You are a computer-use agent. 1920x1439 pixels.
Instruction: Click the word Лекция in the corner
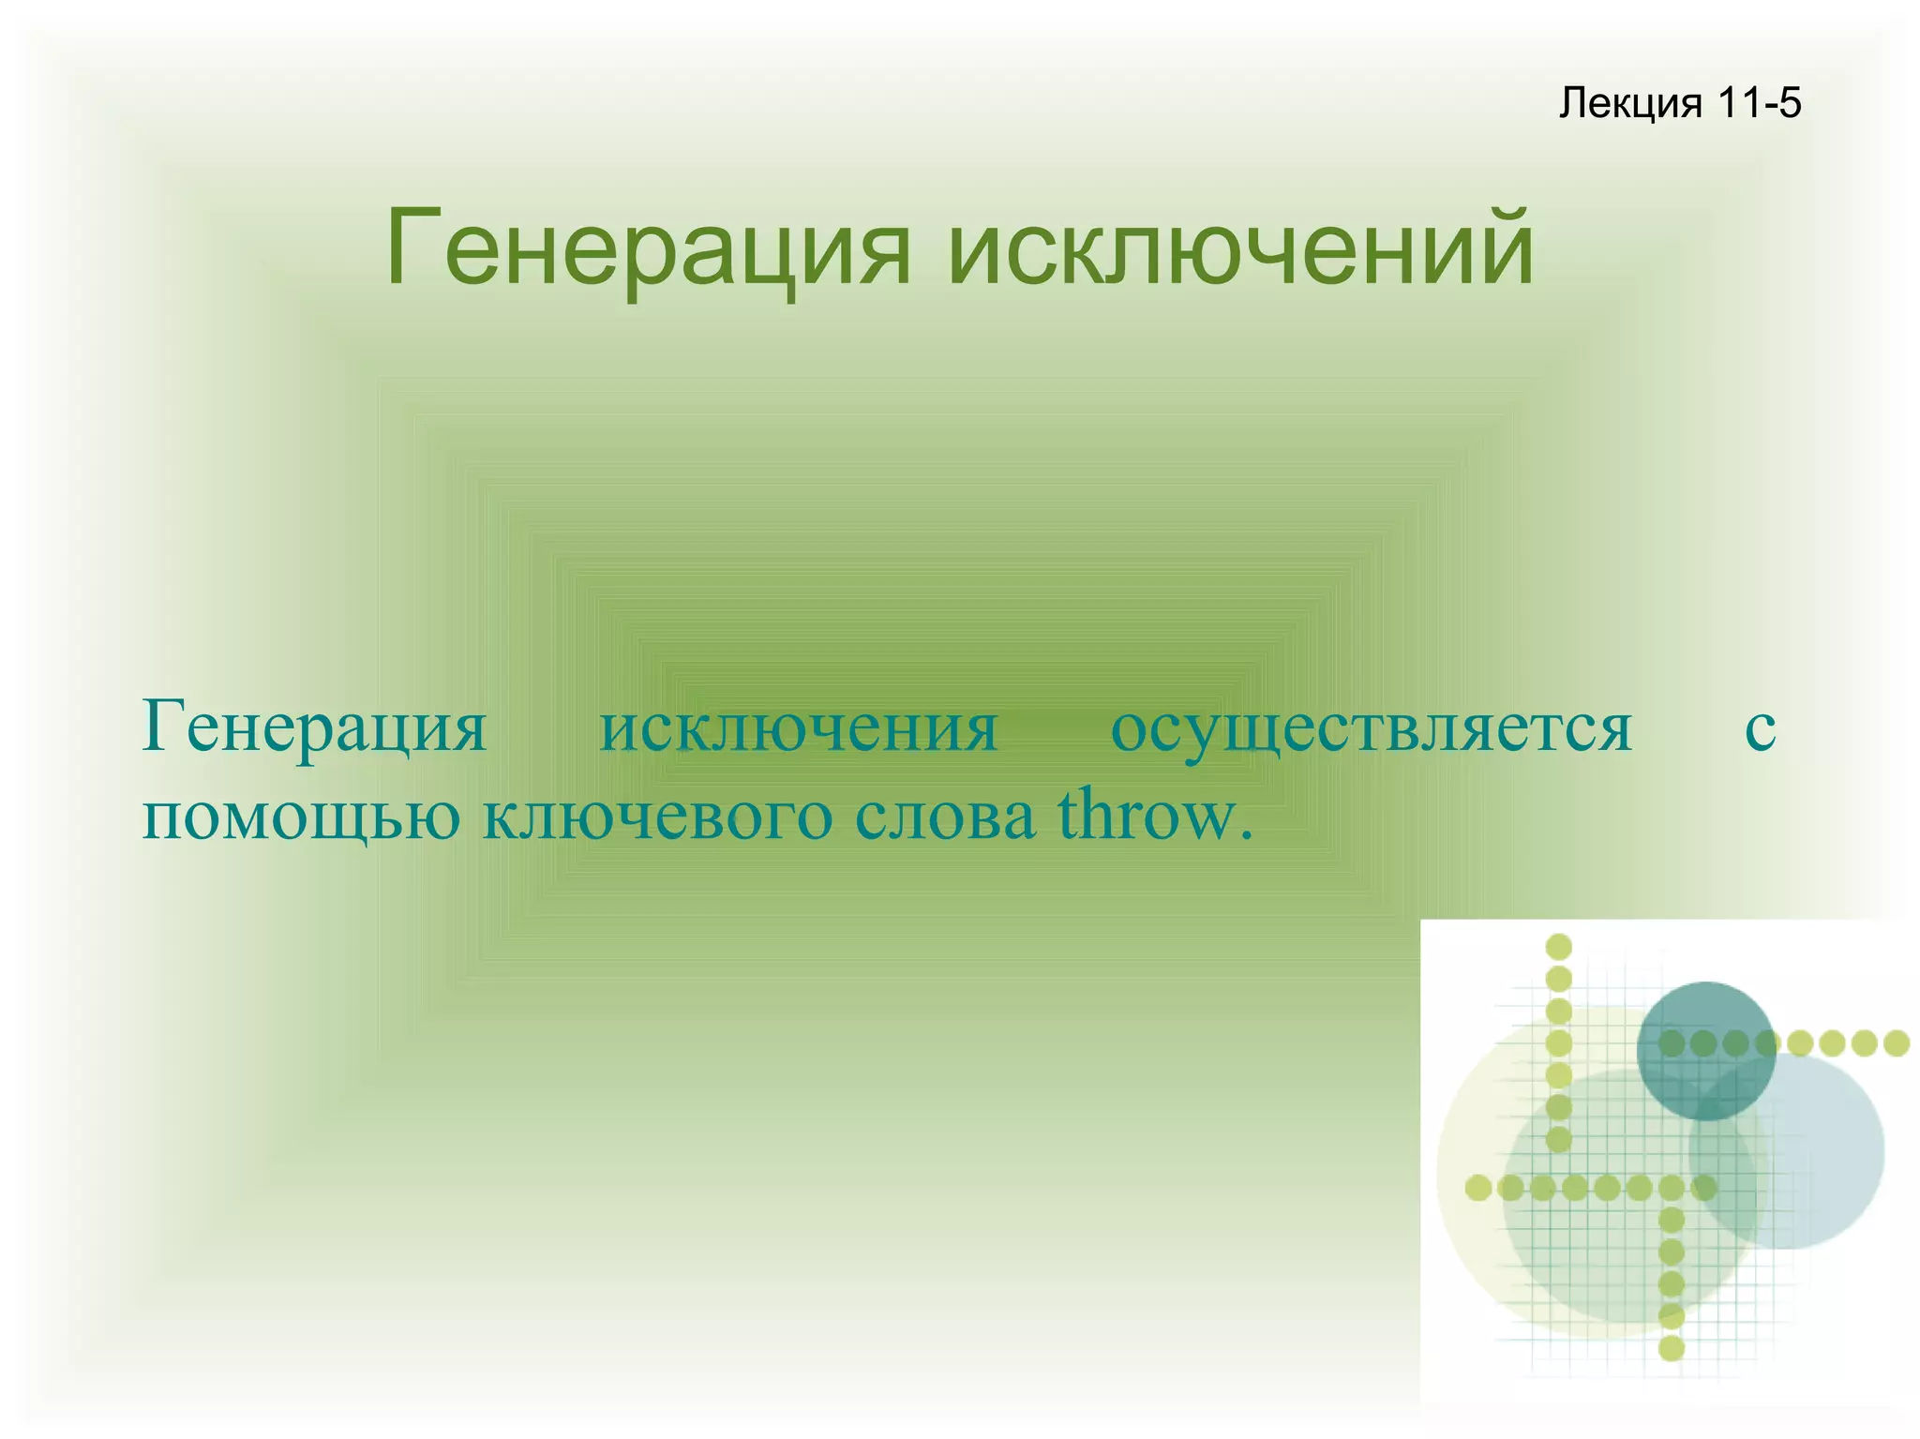tap(1629, 103)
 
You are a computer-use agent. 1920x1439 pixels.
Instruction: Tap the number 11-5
tap(1760, 102)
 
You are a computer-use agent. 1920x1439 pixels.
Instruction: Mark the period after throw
tap(1246, 833)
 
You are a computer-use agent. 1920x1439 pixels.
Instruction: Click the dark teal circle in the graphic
tap(1705, 1050)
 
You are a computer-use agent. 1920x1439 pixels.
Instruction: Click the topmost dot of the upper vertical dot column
tap(1558, 947)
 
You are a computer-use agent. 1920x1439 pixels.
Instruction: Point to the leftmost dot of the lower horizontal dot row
tap(1478, 1188)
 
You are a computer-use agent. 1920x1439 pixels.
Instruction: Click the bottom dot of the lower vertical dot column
tap(1672, 1348)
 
